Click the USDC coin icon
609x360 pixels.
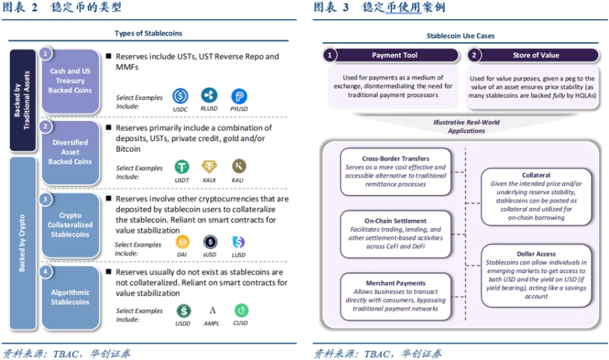coord(180,96)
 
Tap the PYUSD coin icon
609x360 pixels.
coord(239,96)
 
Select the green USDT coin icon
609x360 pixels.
coord(182,167)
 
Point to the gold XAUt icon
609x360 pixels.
coord(209,167)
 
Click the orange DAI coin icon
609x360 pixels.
coord(182,242)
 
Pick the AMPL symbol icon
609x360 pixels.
coord(212,310)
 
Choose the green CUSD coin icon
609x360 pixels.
coord(241,310)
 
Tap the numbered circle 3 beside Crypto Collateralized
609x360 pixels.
coord(45,199)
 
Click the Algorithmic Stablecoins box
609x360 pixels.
coord(70,298)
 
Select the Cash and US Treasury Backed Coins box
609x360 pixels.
coord(70,81)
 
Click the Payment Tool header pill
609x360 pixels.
coord(391,55)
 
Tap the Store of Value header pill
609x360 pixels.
coord(533,55)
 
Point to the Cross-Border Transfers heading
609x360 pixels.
coord(395,159)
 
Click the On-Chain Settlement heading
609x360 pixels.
coord(395,221)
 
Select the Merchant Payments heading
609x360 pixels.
coord(395,283)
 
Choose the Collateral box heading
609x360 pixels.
coord(536,176)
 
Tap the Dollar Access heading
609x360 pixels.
coord(536,254)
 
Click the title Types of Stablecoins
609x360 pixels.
coord(148,33)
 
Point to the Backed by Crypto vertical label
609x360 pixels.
coord(22,243)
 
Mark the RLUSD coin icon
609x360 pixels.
coord(209,95)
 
